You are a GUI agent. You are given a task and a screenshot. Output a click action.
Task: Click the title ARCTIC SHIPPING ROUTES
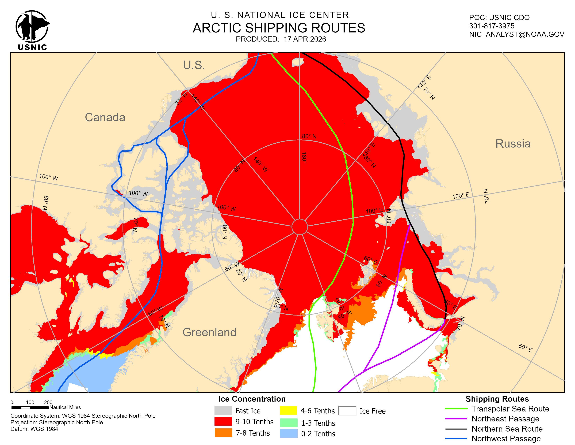pyautogui.click(x=279, y=28)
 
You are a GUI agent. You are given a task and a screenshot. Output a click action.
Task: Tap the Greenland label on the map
pyautogui.click(x=209, y=332)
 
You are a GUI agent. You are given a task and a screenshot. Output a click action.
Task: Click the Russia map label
pyautogui.click(x=513, y=144)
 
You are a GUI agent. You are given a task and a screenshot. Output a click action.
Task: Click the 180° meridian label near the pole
pyautogui.click(x=304, y=158)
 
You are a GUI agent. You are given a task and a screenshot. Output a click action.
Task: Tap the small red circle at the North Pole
pyautogui.click(x=299, y=227)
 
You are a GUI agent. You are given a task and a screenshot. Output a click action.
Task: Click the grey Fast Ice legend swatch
pyautogui.click(x=223, y=410)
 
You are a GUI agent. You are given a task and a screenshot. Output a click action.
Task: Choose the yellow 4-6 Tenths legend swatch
pyautogui.click(x=288, y=410)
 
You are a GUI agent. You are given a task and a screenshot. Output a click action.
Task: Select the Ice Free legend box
pyautogui.click(x=347, y=410)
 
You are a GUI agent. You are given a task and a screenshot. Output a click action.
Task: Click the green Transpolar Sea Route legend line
pyautogui.click(x=456, y=409)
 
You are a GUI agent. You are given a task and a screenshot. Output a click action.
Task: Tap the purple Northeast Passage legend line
pyautogui.click(x=456, y=419)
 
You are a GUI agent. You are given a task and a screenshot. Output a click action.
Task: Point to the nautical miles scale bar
pyautogui.click(x=30, y=407)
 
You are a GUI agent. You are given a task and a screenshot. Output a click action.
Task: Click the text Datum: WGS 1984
pyautogui.click(x=34, y=429)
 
